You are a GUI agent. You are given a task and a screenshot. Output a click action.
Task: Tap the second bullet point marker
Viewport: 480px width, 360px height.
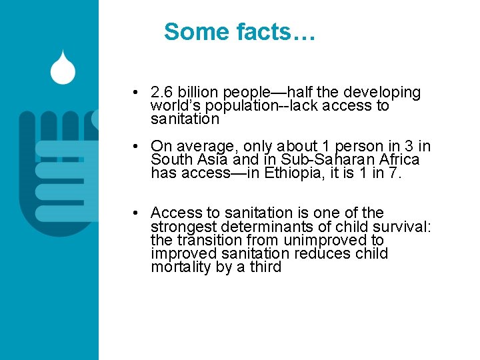pyautogui.click(x=135, y=146)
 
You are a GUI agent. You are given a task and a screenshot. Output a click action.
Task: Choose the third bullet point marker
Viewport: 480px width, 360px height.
pyautogui.click(x=135, y=213)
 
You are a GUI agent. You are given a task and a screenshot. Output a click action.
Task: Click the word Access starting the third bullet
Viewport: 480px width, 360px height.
pyautogui.click(x=176, y=213)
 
